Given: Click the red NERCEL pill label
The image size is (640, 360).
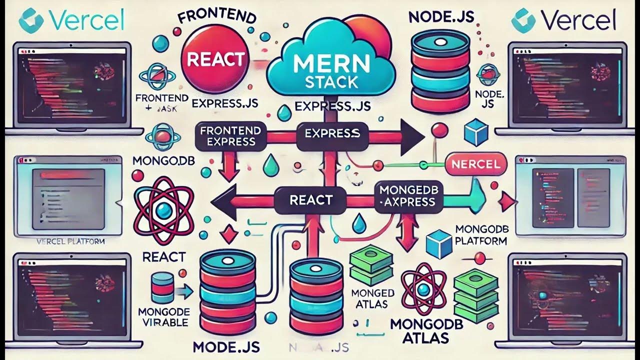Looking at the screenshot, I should click(475, 163).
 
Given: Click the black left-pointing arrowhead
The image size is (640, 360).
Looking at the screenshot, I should click(220, 201).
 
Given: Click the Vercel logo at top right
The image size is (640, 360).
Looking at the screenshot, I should click(563, 21).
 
